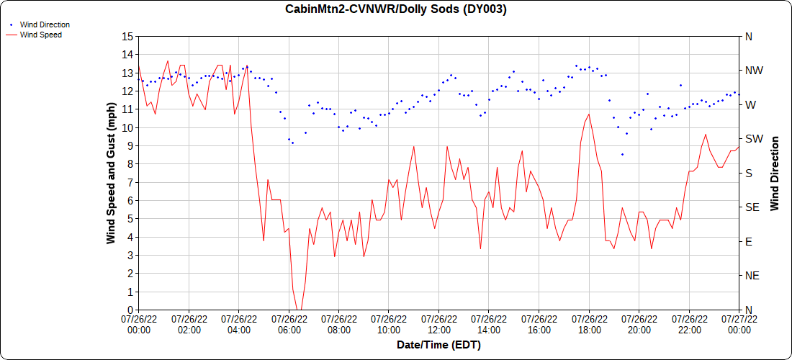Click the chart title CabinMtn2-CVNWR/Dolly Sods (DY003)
click(395, 9)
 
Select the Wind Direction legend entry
click(40, 24)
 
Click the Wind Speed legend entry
click(35, 35)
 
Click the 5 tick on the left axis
click(130, 219)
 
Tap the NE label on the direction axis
click(752, 276)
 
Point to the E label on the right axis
click(748, 242)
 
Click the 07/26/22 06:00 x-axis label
click(289, 325)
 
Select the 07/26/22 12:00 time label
click(439, 325)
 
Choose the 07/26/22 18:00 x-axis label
click(590, 325)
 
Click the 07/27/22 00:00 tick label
click(739, 325)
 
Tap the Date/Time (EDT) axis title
click(439, 346)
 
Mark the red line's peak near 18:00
click(589, 114)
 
